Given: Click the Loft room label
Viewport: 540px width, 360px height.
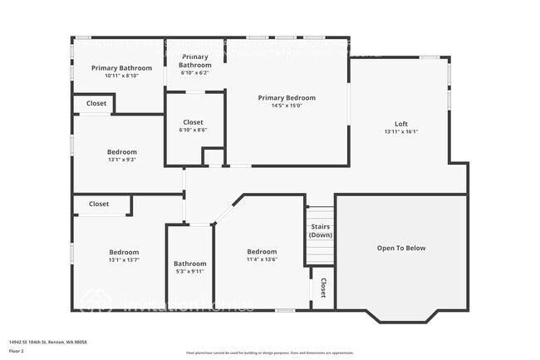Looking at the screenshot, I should [x=401, y=124].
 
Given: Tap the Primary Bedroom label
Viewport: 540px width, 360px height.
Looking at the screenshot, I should [x=287, y=97].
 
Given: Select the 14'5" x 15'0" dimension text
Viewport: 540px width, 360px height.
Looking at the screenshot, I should [x=287, y=106].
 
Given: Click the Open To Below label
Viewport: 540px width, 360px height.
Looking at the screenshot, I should [x=401, y=248].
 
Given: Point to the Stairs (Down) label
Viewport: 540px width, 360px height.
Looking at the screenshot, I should [x=321, y=230].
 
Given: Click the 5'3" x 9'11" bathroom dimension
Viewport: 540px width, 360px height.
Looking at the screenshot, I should [x=190, y=272].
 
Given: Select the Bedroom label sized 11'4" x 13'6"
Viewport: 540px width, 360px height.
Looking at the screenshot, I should [x=262, y=252].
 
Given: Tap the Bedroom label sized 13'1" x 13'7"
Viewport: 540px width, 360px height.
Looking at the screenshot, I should [x=124, y=252].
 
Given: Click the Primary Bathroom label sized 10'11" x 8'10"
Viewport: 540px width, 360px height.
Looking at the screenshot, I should [x=122, y=67].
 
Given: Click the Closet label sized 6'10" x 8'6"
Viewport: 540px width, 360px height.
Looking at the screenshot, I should [x=193, y=122].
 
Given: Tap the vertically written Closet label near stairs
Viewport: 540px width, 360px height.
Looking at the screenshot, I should [x=322, y=288].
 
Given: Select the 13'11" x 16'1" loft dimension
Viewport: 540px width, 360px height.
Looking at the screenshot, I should [x=401, y=132].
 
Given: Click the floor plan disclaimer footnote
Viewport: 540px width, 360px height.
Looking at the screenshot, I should [x=271, y=353].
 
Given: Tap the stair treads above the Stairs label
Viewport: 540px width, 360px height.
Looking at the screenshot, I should [x=321, y=213].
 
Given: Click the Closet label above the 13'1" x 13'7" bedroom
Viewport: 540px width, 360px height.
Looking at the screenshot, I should [x=99, y=204].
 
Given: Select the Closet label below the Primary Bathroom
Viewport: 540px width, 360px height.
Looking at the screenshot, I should [x=96, y=104].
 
